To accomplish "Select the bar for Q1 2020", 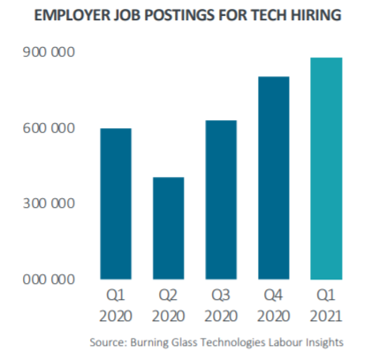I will (x=116, y=203).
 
